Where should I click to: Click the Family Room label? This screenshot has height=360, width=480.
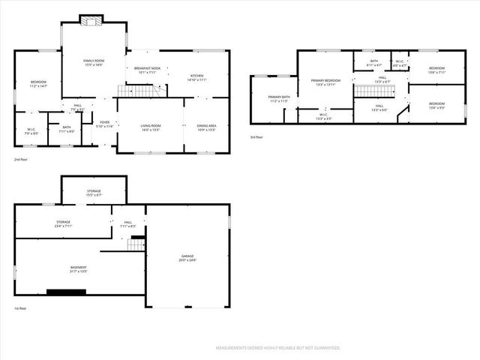[x=94, y=62]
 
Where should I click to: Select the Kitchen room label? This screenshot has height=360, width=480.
[x=196, y=77]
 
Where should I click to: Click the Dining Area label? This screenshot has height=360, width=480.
[x=206, y=127]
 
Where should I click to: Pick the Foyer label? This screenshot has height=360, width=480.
[x=104, y=124]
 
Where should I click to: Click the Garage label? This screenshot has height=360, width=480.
[x=187, y=258]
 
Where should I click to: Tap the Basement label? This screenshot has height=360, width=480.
[x=79, y=269]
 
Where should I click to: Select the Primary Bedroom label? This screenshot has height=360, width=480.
[x=326, y=82]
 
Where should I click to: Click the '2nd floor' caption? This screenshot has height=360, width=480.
[x=22, y=160]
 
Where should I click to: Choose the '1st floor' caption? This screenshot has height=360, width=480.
[x=21, y=308]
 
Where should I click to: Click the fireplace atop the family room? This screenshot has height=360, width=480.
[x=93, y=20]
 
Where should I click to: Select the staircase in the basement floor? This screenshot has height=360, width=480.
[x=136, y=244]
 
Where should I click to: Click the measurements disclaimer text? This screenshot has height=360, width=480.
[x=277, y=348]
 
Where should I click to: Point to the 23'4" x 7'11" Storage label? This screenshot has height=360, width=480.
[x=63, y=223]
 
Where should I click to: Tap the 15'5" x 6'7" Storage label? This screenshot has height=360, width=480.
[x=93, y=193]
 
